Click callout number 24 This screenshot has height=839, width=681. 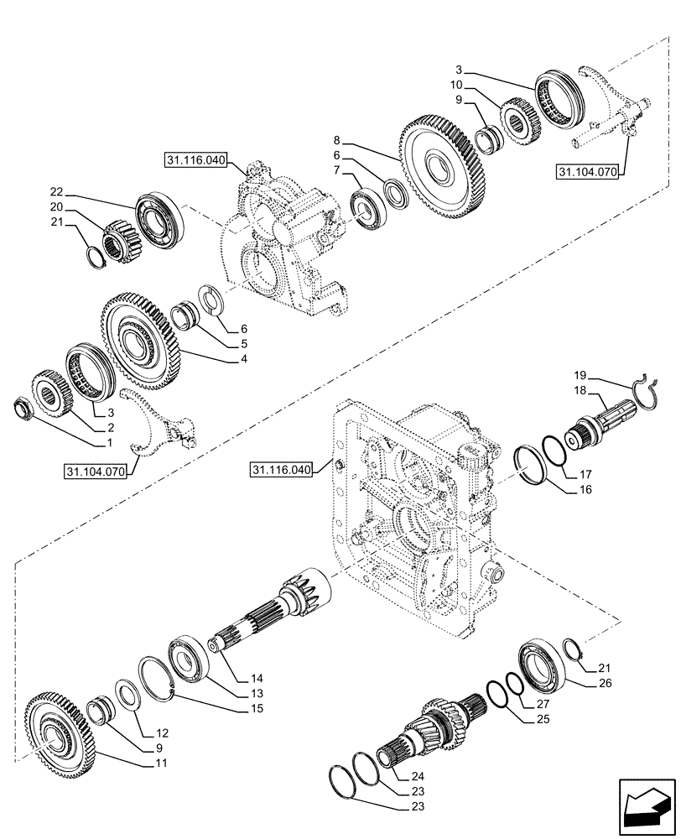point(417,776)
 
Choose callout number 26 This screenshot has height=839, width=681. point(605,683)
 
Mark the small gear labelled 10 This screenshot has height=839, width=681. point(518,118)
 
